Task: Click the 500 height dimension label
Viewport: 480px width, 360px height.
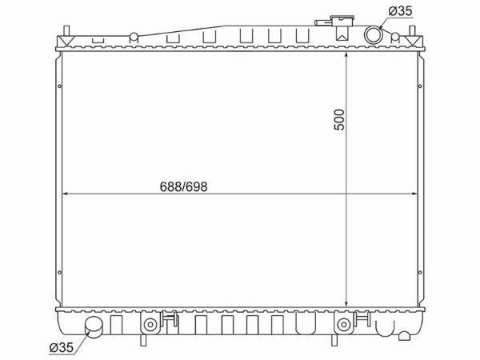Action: (x=339, y=119)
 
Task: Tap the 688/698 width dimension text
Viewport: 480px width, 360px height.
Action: (x=183, y=186)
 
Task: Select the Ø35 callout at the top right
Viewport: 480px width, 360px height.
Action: (x=401, y=11)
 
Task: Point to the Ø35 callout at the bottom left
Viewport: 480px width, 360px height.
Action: (x=62, y=347)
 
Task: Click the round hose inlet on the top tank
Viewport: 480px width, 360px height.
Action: (x=374, y=34)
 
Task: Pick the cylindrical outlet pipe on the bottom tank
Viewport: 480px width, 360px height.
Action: (x=94, y=327)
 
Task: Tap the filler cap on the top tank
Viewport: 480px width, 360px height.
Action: (x=342, y=22)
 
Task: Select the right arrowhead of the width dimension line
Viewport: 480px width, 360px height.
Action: (x=414, y=194)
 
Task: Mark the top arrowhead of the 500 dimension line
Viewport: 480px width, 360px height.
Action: (x=346, y=54)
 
